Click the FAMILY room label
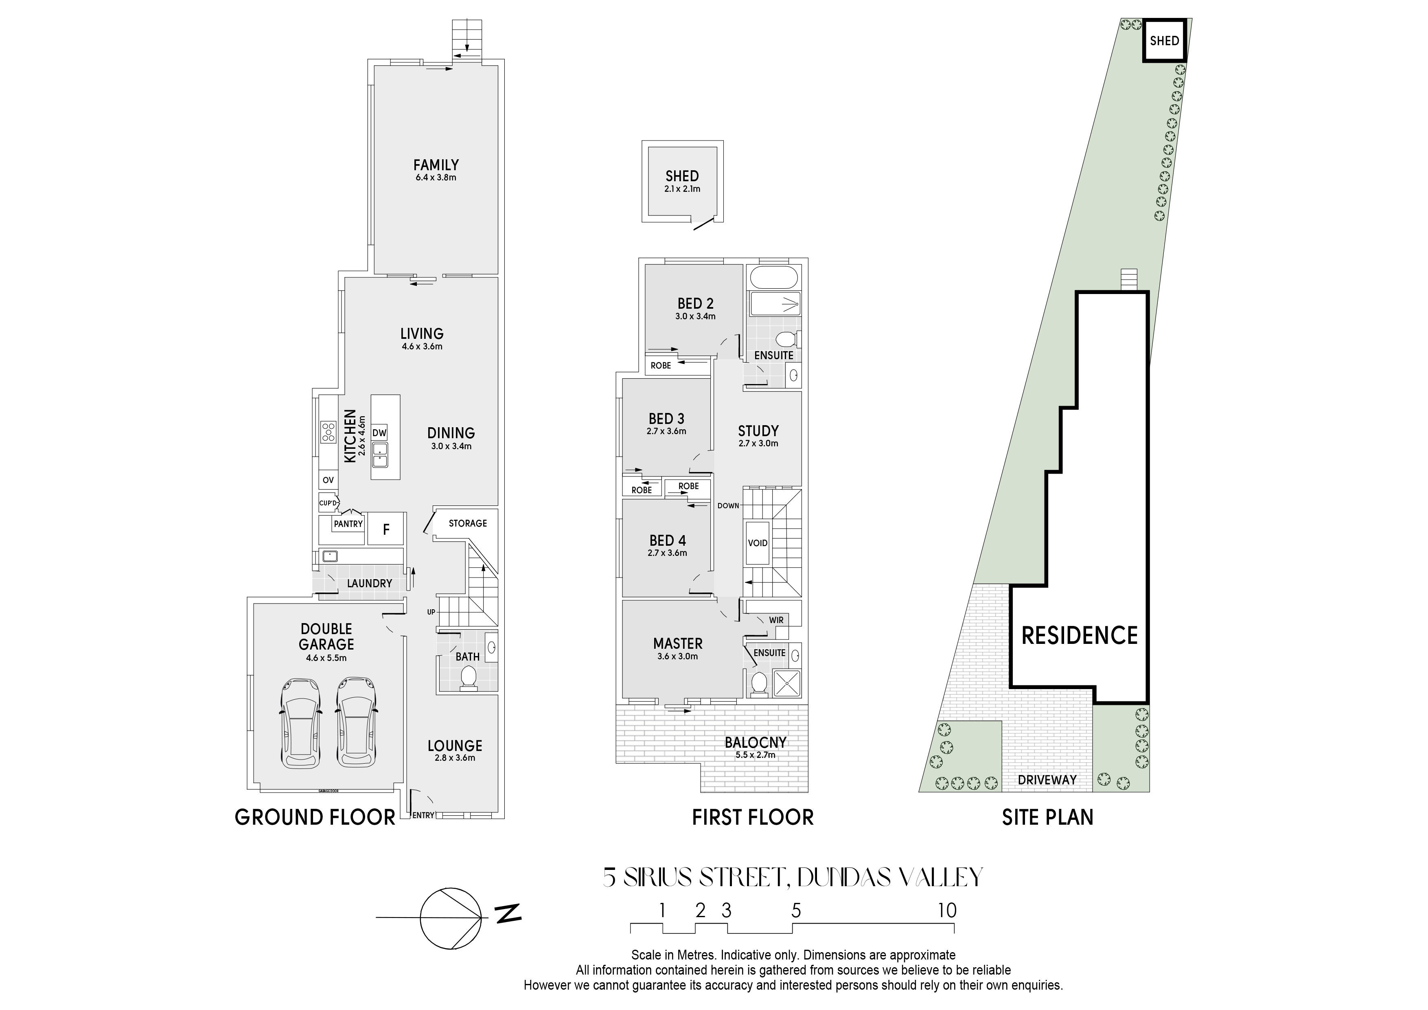[x=436, y=165]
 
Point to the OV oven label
[x=328, y=480]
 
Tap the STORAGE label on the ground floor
[x=468, y=523]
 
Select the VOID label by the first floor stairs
[x=758, y=542]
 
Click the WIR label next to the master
[x=776, y=620]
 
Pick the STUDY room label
[x=758, y=430]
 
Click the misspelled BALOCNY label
[x=756, y=742]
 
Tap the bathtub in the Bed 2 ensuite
[x=774, y=277]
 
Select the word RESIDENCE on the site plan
[x=1080, y=635]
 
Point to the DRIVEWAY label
[x=1047, y=779]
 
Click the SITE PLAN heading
[x=1047, y=817]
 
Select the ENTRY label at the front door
[x=423, y=815]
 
